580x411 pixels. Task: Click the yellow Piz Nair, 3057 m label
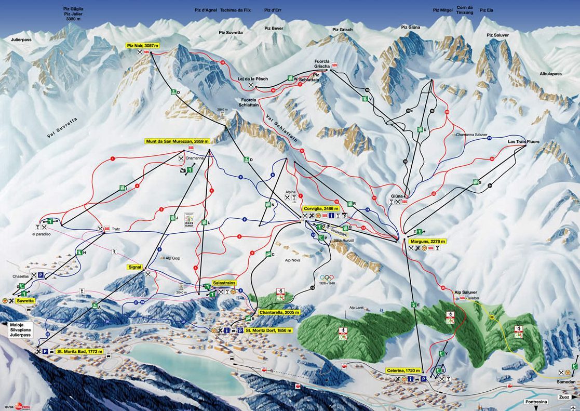point(143,46)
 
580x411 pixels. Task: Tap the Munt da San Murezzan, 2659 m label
point(178,141)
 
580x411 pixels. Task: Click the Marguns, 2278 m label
point(429,242)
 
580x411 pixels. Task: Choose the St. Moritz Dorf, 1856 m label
point(269,330)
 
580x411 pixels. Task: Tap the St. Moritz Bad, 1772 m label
point(80,352)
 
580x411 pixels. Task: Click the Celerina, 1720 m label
point(403,370)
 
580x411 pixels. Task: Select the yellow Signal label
point(134,267)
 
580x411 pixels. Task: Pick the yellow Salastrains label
point(224,283)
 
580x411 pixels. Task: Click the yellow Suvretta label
point(25,301)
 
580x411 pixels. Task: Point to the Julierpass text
point(21,39)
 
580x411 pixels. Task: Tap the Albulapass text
point(550,74)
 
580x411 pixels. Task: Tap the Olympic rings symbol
point(327,277)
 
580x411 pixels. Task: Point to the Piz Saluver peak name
point(497,35)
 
